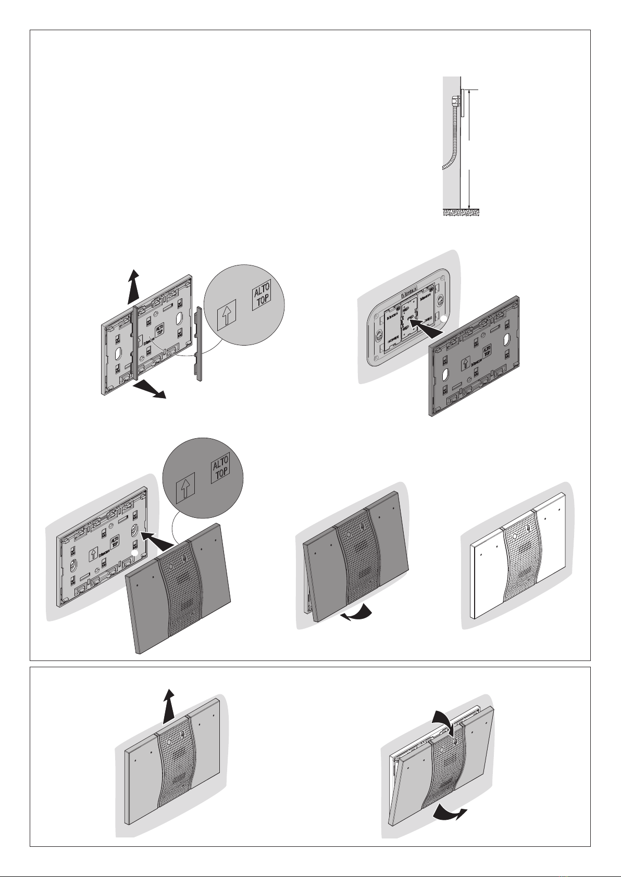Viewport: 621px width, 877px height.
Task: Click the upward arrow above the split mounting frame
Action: pos(134,286)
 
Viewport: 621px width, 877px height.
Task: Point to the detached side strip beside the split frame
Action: pos(198,344)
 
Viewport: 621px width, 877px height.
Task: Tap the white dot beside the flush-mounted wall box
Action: pos(444,319)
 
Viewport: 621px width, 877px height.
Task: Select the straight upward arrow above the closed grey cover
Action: pos(168,705)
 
